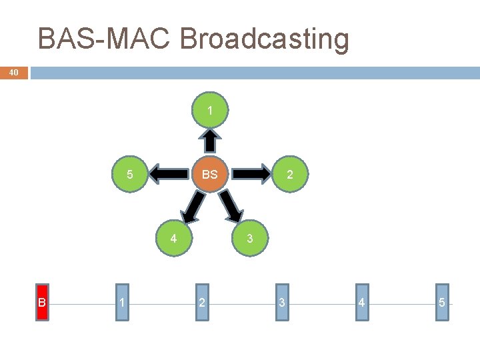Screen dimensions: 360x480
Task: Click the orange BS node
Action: coord(210,175)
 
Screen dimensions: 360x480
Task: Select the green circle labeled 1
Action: coord(210,111)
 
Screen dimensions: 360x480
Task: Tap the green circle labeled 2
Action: coord(289,175)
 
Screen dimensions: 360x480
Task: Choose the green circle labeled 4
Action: coord(173,238)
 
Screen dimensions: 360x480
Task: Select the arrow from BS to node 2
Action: coord(250,175)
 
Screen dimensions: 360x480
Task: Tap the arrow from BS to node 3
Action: coord(232,206)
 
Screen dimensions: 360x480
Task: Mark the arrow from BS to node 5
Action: coord(169,175)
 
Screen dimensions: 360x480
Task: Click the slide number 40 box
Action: coord(14,73)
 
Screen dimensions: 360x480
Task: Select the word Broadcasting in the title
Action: coord(264,39)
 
